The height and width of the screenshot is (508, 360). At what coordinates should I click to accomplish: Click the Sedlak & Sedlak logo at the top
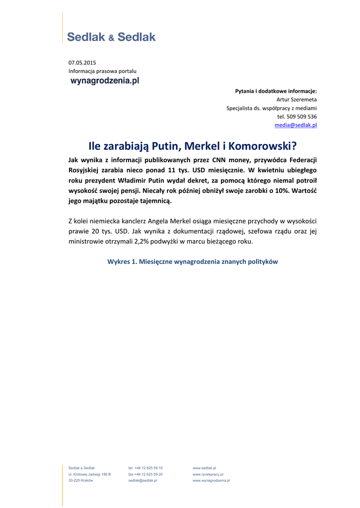111,37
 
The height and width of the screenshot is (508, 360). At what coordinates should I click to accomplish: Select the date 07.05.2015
82,63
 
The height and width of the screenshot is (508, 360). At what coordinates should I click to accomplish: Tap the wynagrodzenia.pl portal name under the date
105,80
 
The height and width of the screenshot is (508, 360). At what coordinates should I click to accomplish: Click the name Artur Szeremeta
296,99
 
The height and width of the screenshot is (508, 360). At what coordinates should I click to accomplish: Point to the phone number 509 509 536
301,117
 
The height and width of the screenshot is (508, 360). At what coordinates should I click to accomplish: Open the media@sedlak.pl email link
295,125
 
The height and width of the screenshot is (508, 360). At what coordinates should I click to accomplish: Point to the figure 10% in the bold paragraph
275,190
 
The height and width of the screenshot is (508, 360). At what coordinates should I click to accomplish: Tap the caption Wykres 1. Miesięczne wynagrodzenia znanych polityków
193,261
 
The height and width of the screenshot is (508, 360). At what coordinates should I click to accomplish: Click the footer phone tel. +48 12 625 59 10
145,468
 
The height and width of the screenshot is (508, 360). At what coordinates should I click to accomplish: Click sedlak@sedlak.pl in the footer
143,481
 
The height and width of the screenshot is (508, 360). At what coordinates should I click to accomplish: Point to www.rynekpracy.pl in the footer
208,474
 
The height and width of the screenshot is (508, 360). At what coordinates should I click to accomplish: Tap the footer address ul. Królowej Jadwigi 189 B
89,474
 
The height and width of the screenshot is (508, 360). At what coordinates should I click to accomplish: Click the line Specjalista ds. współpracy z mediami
272,108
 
